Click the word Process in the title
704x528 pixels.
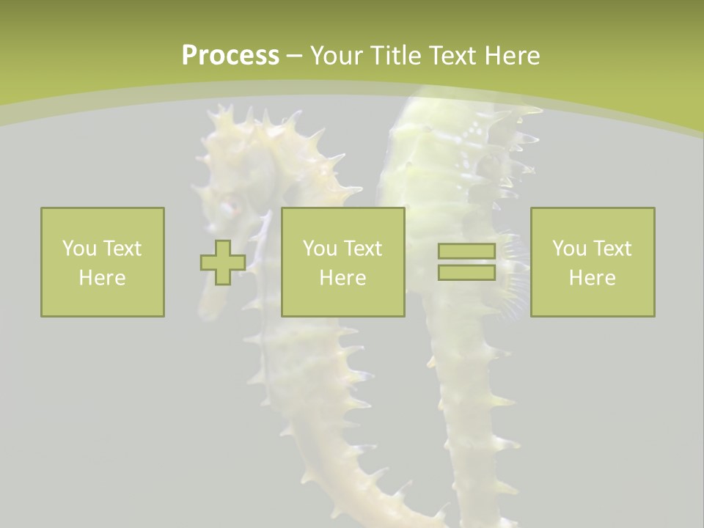230,56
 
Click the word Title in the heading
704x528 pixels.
395,56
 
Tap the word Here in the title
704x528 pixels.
512,56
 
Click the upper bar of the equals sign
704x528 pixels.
466,252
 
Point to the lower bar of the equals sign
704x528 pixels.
466,273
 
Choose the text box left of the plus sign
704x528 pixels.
103,262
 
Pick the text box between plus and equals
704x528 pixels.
342,262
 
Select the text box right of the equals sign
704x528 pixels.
592,262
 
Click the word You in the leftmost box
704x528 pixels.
79,249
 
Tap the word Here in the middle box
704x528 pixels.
342,278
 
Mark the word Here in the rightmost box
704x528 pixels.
592,278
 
